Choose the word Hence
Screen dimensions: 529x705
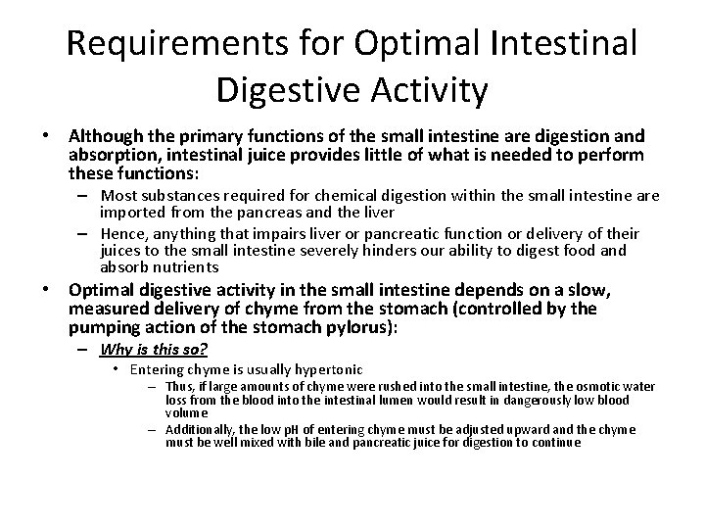(x=118, y=233)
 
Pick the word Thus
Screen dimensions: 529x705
(x=179, y=388)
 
